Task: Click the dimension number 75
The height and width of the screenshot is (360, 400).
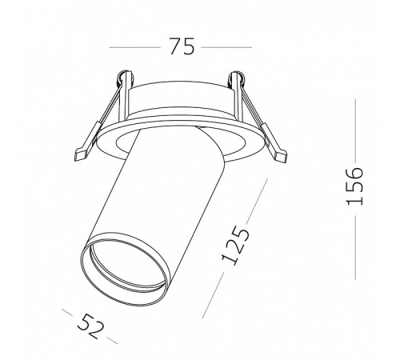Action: click(x=182, y=46)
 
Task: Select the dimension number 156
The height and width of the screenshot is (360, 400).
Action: click(x=354, y=186)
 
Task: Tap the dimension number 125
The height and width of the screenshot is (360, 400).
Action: click(x=236, y=246)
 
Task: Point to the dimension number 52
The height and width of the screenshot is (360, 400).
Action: click(x=90, y=326)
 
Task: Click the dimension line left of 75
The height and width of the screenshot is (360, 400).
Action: click(x=135, y=47)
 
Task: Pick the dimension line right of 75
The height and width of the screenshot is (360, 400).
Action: click(x=226, y=47)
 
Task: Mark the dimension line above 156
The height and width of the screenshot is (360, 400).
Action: click(x=355, y=130)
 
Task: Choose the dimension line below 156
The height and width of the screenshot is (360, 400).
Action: click(x=355, y=248)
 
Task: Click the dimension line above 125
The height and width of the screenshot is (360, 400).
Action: click(x=257, y=201)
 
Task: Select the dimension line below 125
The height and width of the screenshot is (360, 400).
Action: click(x=213, y=295)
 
